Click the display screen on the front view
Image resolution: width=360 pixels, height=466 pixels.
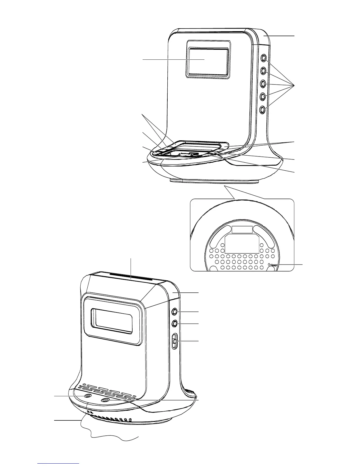209,61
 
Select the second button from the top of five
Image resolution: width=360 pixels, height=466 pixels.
264,71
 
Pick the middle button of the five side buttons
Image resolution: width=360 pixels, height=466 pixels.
264,84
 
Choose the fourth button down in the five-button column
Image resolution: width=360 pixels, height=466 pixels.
264,96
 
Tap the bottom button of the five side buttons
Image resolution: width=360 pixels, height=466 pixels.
264,110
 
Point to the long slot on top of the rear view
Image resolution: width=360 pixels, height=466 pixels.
131,278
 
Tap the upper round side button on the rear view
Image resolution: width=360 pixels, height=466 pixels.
175,311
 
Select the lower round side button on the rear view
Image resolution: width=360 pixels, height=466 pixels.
175,324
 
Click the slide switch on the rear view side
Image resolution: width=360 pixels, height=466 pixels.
174,341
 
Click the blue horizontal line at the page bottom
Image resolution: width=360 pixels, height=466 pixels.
59,463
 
